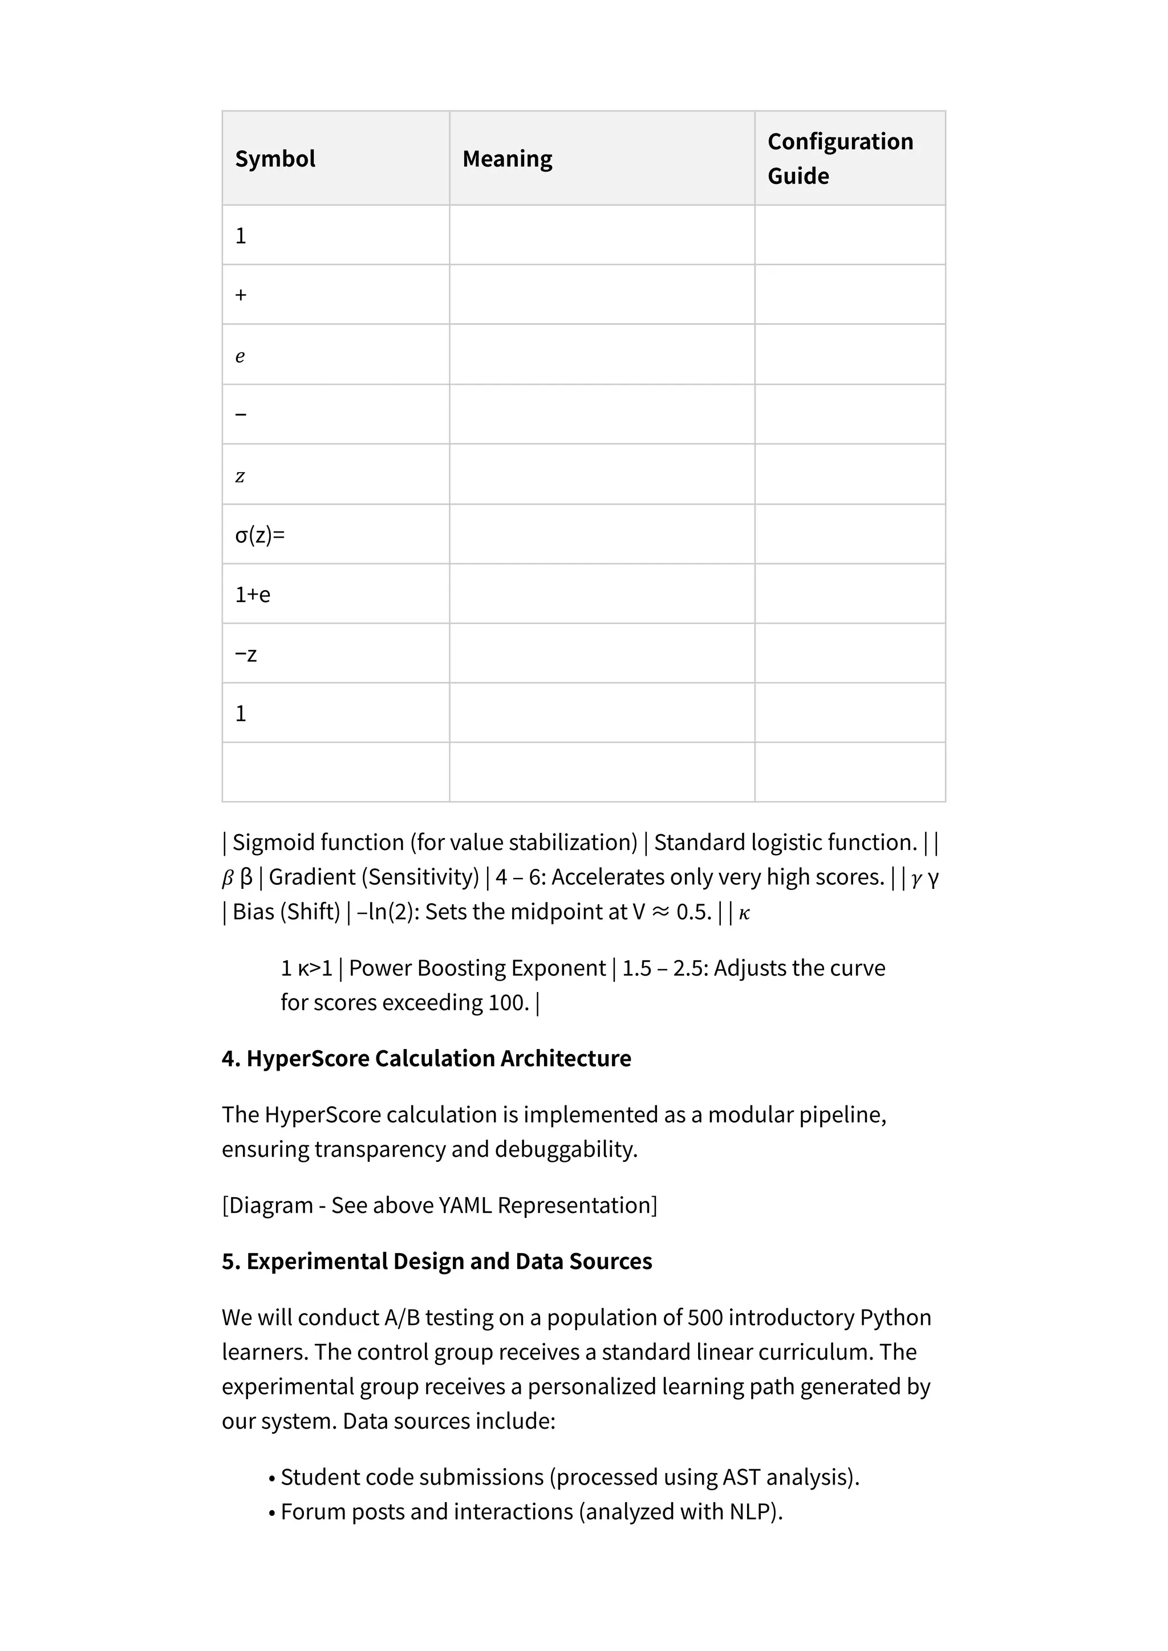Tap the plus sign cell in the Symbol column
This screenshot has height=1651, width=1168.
point(241,295)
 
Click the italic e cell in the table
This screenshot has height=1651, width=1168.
point(240,356)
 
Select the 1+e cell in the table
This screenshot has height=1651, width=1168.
point(253,595)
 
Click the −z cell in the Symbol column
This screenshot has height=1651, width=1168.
point(246,654)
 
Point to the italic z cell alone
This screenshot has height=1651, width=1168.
point(240,476)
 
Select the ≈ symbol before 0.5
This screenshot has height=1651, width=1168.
point(659,912)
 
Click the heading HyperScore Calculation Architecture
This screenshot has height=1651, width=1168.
point(438,1059)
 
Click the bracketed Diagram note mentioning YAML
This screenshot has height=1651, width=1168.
point(439,1205)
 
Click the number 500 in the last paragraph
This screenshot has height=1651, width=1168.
point(705,1317)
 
